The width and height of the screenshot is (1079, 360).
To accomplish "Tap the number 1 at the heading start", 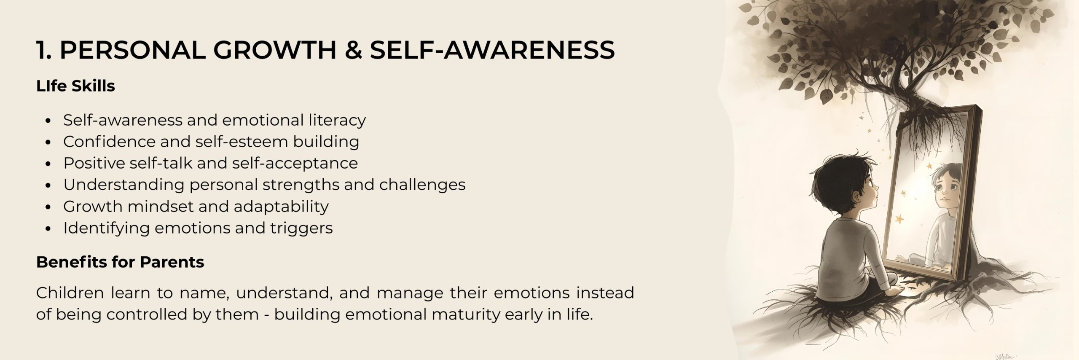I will (41, 50).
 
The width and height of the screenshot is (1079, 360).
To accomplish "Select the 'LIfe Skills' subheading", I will (75, 86).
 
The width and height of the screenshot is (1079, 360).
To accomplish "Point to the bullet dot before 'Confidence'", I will (48, 142).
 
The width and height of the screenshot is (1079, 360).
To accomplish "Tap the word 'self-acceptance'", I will (295, 163).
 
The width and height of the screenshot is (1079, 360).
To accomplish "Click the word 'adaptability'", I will (281, 207).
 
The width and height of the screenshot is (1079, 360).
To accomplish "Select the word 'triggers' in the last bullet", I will (301, 228).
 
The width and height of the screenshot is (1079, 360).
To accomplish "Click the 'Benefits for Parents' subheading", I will (120, 262).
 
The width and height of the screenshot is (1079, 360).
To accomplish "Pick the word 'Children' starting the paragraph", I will (70, 293).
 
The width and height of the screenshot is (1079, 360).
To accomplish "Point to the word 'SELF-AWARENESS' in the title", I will (492, 50).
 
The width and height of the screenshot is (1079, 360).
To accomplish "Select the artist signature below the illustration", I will (1004, 356).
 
